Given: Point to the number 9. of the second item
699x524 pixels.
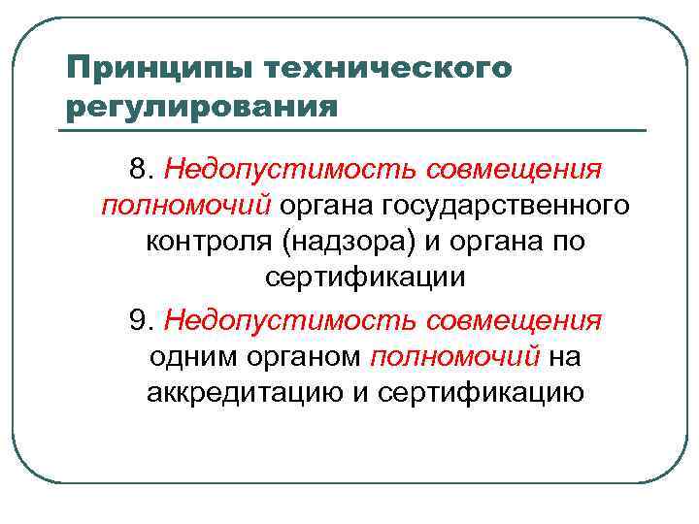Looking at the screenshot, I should coord(142,319).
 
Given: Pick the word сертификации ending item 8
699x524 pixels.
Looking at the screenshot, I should coord(365,278).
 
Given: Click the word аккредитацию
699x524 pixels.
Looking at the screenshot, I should coord(243,392).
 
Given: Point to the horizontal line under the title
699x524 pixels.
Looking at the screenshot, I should coord(354,130).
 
